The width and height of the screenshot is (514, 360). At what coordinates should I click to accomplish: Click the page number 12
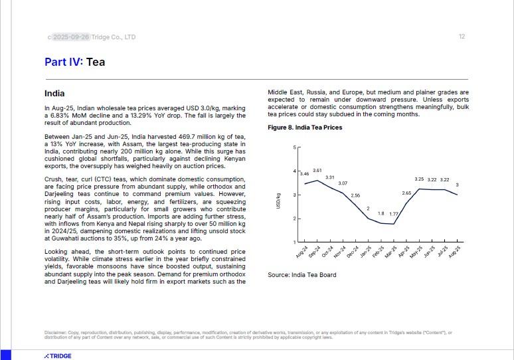pos(462,37)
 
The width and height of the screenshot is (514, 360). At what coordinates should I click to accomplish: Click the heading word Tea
pos(96,62)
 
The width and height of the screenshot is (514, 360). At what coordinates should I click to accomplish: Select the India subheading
pos(54,94)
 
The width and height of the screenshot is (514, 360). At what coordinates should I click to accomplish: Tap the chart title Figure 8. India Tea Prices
pos(305,128)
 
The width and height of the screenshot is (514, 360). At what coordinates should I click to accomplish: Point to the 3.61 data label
pos(317,171)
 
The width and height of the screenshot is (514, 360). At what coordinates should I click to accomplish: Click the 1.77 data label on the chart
pos(394,214)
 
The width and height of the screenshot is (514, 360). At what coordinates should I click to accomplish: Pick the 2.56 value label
pos(355,195)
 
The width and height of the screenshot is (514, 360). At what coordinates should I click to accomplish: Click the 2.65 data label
pos(406,193)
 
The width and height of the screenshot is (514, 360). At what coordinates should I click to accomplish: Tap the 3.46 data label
pos(305,173)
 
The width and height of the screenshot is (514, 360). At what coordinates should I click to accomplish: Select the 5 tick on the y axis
pos(295,147)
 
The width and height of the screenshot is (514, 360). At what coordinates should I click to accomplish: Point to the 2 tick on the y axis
pos(295,219)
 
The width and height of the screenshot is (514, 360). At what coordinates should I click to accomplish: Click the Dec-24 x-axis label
pos(353,252)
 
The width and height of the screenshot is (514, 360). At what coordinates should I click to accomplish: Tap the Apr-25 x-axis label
pos(403,252)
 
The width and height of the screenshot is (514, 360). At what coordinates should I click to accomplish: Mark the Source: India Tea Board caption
pos(302,275)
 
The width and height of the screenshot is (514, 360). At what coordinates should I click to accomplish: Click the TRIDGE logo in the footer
pos(58,356)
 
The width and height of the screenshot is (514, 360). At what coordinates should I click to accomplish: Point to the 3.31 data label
pos(329,177)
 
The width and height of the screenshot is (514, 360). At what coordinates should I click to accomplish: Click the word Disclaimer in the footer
pos(56,332)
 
